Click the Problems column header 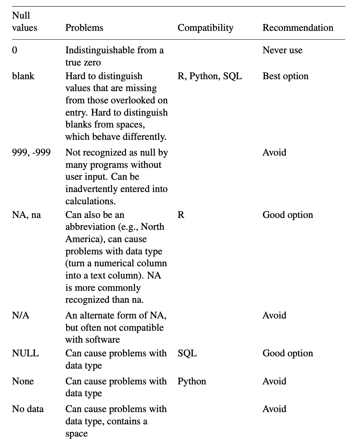(x=84, y=28)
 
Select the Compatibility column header (x=205, y=28)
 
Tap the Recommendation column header (x=298, y=28)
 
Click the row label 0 (x=14, y=50)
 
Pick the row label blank (x=23, y=76)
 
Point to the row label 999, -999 (x=31, y=153)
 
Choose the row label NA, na (x=26, y=215)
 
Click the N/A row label (x=21, y=316)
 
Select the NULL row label (x=25, y=353)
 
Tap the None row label (x=23, y=381)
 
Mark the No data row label (x=28, y=409)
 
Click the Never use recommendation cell (x=282, y=50)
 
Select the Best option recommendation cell (x=285, y=76)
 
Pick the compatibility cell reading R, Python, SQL (x=209, y=76)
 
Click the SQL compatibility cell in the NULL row (x=187, y=353)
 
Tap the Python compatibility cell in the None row (x=192, y=381)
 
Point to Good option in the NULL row (x=288, y=353)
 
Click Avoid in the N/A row (x=274, y=316)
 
